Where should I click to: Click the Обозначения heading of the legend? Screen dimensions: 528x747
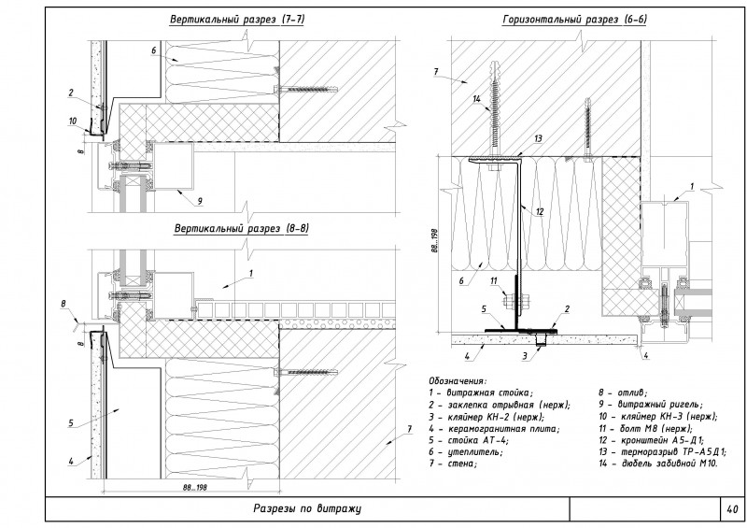click(458, 381)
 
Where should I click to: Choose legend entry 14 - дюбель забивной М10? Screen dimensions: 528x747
click(658, 464)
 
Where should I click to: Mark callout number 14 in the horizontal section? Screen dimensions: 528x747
click(476, 98)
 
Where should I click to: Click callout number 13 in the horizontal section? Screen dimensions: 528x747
click(538, 138)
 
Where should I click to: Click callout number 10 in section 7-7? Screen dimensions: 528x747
click(73, 121)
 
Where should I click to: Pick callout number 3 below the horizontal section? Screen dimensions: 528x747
click(526, 356)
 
